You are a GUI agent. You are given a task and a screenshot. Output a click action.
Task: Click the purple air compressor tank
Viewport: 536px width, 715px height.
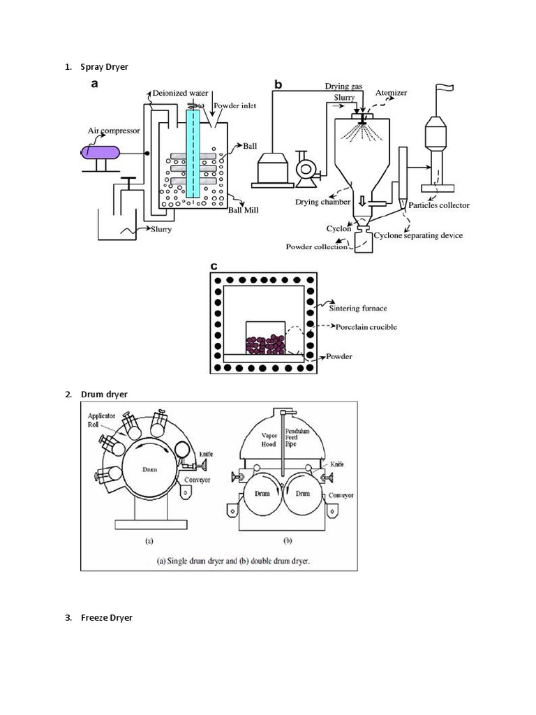(101, 152)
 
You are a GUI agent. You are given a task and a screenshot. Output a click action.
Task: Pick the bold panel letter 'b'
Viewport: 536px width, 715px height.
(278, 85)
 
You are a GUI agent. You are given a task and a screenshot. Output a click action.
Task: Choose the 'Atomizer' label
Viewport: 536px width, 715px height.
(391, 93)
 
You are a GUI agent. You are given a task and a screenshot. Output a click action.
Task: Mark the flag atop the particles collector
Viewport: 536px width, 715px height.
(442, 89)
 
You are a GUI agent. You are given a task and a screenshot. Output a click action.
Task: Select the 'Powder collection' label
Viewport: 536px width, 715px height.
(318, 246)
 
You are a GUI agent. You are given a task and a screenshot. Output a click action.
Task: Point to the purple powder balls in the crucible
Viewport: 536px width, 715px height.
(265, 344)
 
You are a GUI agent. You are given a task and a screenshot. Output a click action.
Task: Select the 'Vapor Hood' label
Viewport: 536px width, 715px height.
(269, 438)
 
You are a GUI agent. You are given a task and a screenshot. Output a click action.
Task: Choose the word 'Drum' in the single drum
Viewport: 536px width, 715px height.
(149, 470)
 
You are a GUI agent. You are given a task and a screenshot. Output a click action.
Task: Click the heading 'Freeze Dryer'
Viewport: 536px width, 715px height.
(107, 618)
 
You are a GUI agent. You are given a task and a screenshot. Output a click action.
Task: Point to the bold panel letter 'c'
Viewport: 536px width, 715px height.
(214, 266)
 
